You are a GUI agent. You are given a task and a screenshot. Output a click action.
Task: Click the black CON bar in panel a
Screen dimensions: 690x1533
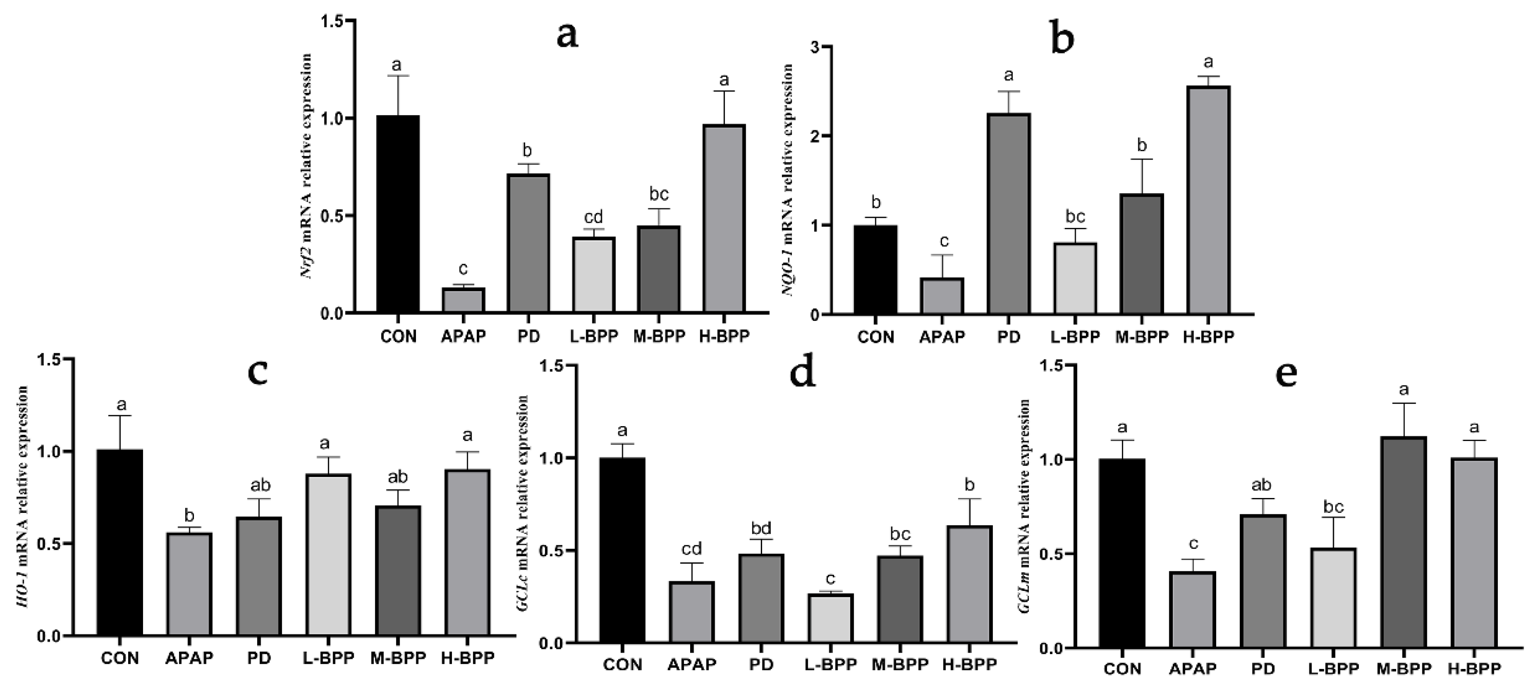pyautogui.click(x=398, y=214)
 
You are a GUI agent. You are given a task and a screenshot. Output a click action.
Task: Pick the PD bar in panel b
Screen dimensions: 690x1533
pyautogui.click(x=1008, y=213)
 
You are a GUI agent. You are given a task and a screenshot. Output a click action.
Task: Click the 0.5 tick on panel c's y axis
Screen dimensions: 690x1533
pyautogui.click(x=50, y=544)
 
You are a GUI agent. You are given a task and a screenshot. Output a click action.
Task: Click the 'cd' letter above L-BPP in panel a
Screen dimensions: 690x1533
pyautogui.click(x=593, y=217)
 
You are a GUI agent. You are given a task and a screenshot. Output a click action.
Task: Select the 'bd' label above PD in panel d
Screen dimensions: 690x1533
pyautogui.click(x=761, y=528)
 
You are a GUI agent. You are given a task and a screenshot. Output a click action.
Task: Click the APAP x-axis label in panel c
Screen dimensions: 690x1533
pyautogui.click(x=189, y=658)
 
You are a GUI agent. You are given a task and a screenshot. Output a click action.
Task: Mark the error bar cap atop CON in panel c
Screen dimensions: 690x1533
pyautogui.click(x=120, y=416)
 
